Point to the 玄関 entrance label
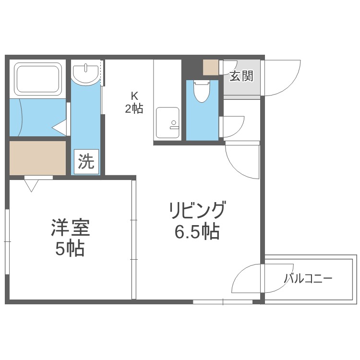240,75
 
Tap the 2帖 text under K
134,108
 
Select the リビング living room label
196,211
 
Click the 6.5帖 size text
196,232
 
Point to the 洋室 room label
71,228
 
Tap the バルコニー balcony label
308,278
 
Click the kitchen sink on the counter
168,119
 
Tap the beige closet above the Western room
37,157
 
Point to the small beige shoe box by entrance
210,67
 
